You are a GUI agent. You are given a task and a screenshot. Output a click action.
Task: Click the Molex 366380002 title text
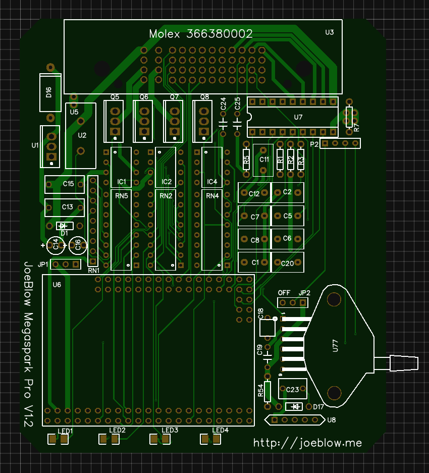[x=201, y=34]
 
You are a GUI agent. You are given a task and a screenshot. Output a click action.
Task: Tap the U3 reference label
[x=329, y=32]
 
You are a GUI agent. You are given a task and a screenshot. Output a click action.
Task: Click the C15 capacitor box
[x=65, y=184]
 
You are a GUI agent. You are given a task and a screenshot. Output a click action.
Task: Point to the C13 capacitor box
[x=65, y=207]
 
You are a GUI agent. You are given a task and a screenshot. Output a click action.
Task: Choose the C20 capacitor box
[x=288, y=262]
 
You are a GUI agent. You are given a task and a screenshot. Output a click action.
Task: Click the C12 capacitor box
[x=254, y=193]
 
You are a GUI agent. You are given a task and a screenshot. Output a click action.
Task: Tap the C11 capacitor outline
[x=263, y=160]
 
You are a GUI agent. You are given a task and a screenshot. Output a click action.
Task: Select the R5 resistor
[x=246, y=162]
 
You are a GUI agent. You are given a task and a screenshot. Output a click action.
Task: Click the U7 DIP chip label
[x=298, y=117]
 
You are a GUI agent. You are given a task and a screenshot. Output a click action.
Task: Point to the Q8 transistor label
[x=204, y=96]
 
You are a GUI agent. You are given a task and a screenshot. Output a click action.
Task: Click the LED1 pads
[x=58, y=439]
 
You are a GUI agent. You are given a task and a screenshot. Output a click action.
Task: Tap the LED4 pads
[x=210, y=439]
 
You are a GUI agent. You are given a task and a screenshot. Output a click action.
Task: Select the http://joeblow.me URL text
[x=308, y=443]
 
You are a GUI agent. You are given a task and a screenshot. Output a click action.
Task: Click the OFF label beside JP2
[x=284, y=293]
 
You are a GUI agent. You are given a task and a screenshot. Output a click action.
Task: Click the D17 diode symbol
[x=294, y=406]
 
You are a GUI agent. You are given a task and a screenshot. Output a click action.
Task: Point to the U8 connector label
[x=332, y=419]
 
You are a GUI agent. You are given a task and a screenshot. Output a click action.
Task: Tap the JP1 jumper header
[x=67, y=264]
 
